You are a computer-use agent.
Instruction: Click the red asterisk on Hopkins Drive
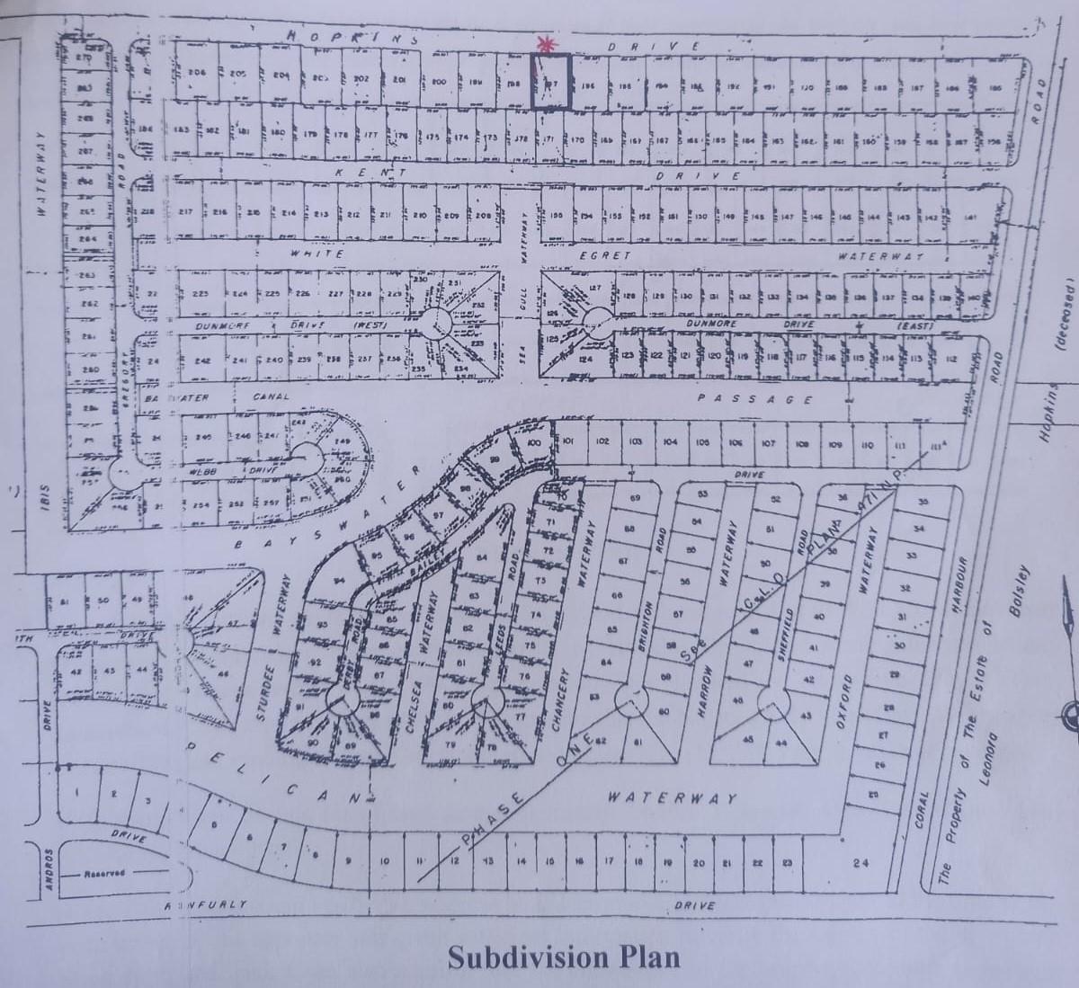coord(542,43)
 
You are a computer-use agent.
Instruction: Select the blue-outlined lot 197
coord(550,82)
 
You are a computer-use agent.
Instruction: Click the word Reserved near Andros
coord(104,873)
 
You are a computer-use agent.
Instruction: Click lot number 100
coord(532,443)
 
